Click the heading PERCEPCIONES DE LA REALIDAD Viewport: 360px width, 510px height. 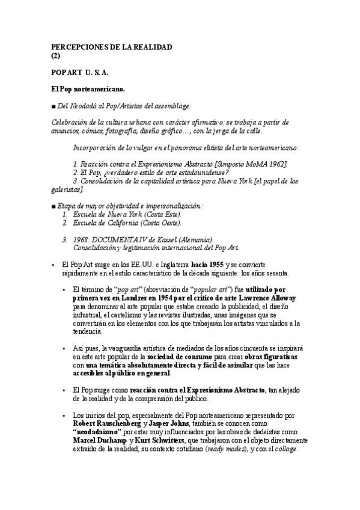tap(112, 46)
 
